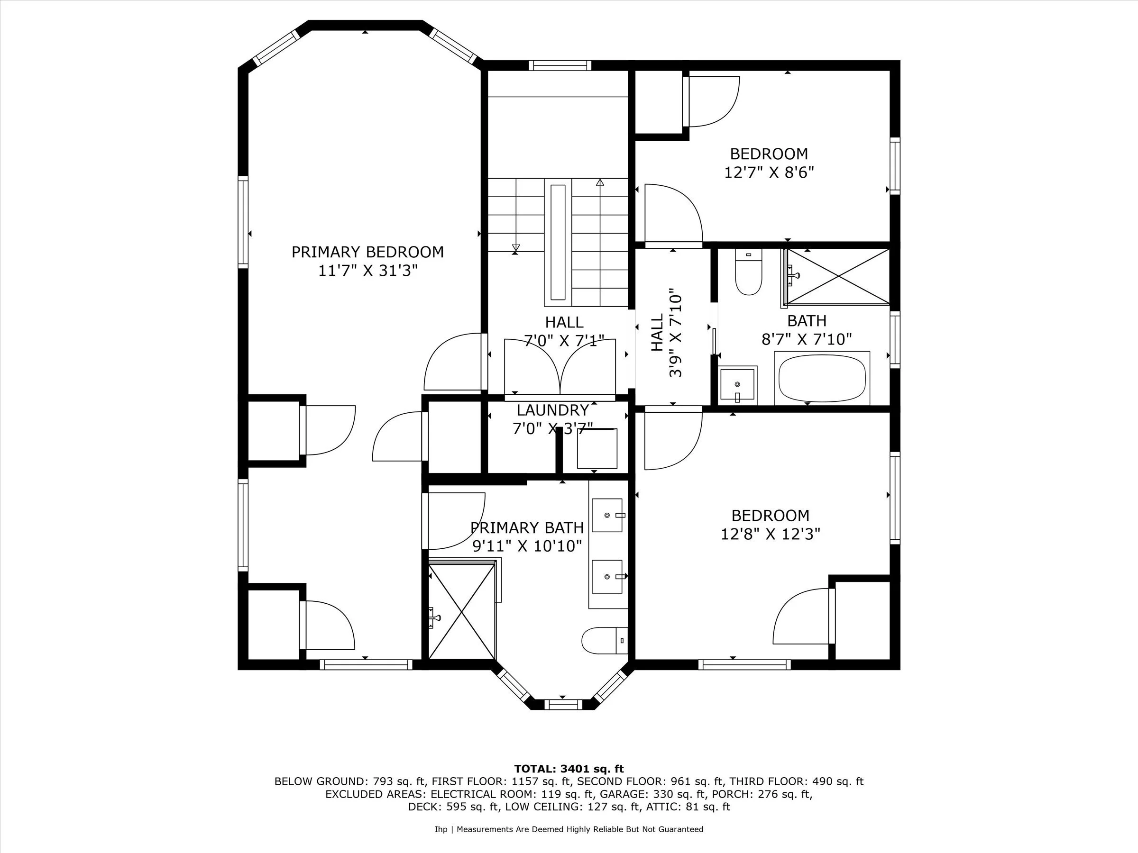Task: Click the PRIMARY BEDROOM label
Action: point(367,252)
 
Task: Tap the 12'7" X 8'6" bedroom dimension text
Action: point(769,172)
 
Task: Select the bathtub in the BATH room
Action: point(822,379)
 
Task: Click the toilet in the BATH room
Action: point(748,273)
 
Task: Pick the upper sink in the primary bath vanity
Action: point(606,515)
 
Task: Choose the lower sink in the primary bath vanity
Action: point(606,577)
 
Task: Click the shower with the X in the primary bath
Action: point(461,611)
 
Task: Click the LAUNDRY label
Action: point(552,410)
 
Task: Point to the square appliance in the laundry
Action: point(597,448)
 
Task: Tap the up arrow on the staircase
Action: point(600,182)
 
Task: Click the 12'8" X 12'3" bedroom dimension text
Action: point(770,534)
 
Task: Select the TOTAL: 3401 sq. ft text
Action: point(569,769)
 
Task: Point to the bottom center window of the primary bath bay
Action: point(562,704)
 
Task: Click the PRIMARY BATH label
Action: point(527,528)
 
